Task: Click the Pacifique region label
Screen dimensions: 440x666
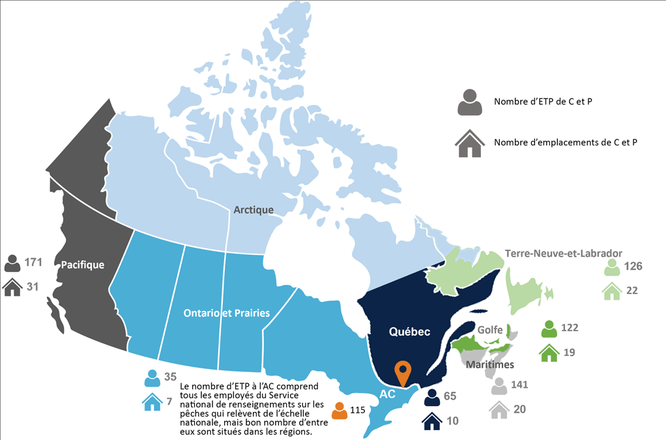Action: (83, 265)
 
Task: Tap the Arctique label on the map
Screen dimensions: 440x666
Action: (253, 210)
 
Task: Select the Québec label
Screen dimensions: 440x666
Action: (409, 332)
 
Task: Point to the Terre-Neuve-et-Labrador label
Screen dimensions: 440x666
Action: (564, 253)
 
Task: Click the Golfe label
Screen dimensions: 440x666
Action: (489, 330)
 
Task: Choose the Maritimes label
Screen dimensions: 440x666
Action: (490, 364)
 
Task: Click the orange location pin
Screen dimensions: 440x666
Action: (403, 372)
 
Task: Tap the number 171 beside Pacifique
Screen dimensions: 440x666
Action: (33, 263)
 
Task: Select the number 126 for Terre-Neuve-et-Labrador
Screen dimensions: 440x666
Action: (633, 266)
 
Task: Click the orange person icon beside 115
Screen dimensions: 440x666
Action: (340, 411)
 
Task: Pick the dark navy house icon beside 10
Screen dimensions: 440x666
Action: (431, 422)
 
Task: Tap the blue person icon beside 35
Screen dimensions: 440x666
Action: (152, 378)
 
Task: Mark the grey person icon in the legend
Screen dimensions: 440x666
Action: (469, 102)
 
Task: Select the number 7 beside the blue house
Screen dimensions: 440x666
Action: (169, 402)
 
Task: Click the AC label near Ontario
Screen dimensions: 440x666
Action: (388, 394)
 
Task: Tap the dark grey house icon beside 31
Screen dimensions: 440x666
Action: (12, 287)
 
